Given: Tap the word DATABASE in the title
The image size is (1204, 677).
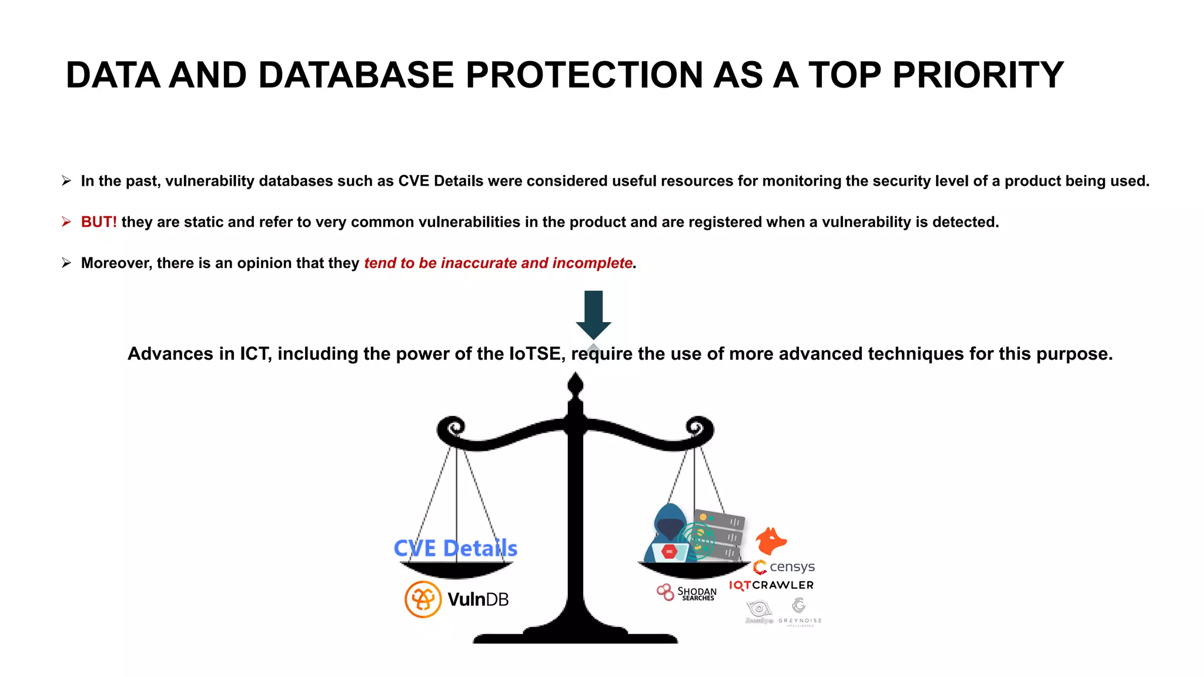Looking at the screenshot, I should [356, 75].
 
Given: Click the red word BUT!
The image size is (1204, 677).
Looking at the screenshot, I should [99, 222].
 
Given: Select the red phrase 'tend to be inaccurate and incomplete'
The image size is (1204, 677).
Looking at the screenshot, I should [498, 263].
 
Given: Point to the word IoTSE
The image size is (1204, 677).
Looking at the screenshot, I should [534, 354].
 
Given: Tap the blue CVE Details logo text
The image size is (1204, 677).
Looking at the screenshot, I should [456, 548].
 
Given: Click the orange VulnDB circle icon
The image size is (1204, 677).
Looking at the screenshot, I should [423, 599].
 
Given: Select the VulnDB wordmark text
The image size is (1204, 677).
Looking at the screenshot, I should [478, 599].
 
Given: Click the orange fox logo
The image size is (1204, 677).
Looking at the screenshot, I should [771, 541].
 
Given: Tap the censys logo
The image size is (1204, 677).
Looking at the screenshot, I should [784, 567].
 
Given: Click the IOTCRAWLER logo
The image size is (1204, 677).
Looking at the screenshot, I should [771, 585].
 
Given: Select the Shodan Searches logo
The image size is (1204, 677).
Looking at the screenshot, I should [687, 592].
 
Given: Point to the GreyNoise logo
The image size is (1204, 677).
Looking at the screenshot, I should [799, 611].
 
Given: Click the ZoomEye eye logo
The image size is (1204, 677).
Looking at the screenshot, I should [759, 610].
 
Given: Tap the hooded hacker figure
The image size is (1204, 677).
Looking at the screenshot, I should [670, 532].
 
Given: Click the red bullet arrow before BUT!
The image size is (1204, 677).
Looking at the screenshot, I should [66, 222].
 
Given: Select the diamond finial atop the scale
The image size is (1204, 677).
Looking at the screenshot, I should [576, 386].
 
